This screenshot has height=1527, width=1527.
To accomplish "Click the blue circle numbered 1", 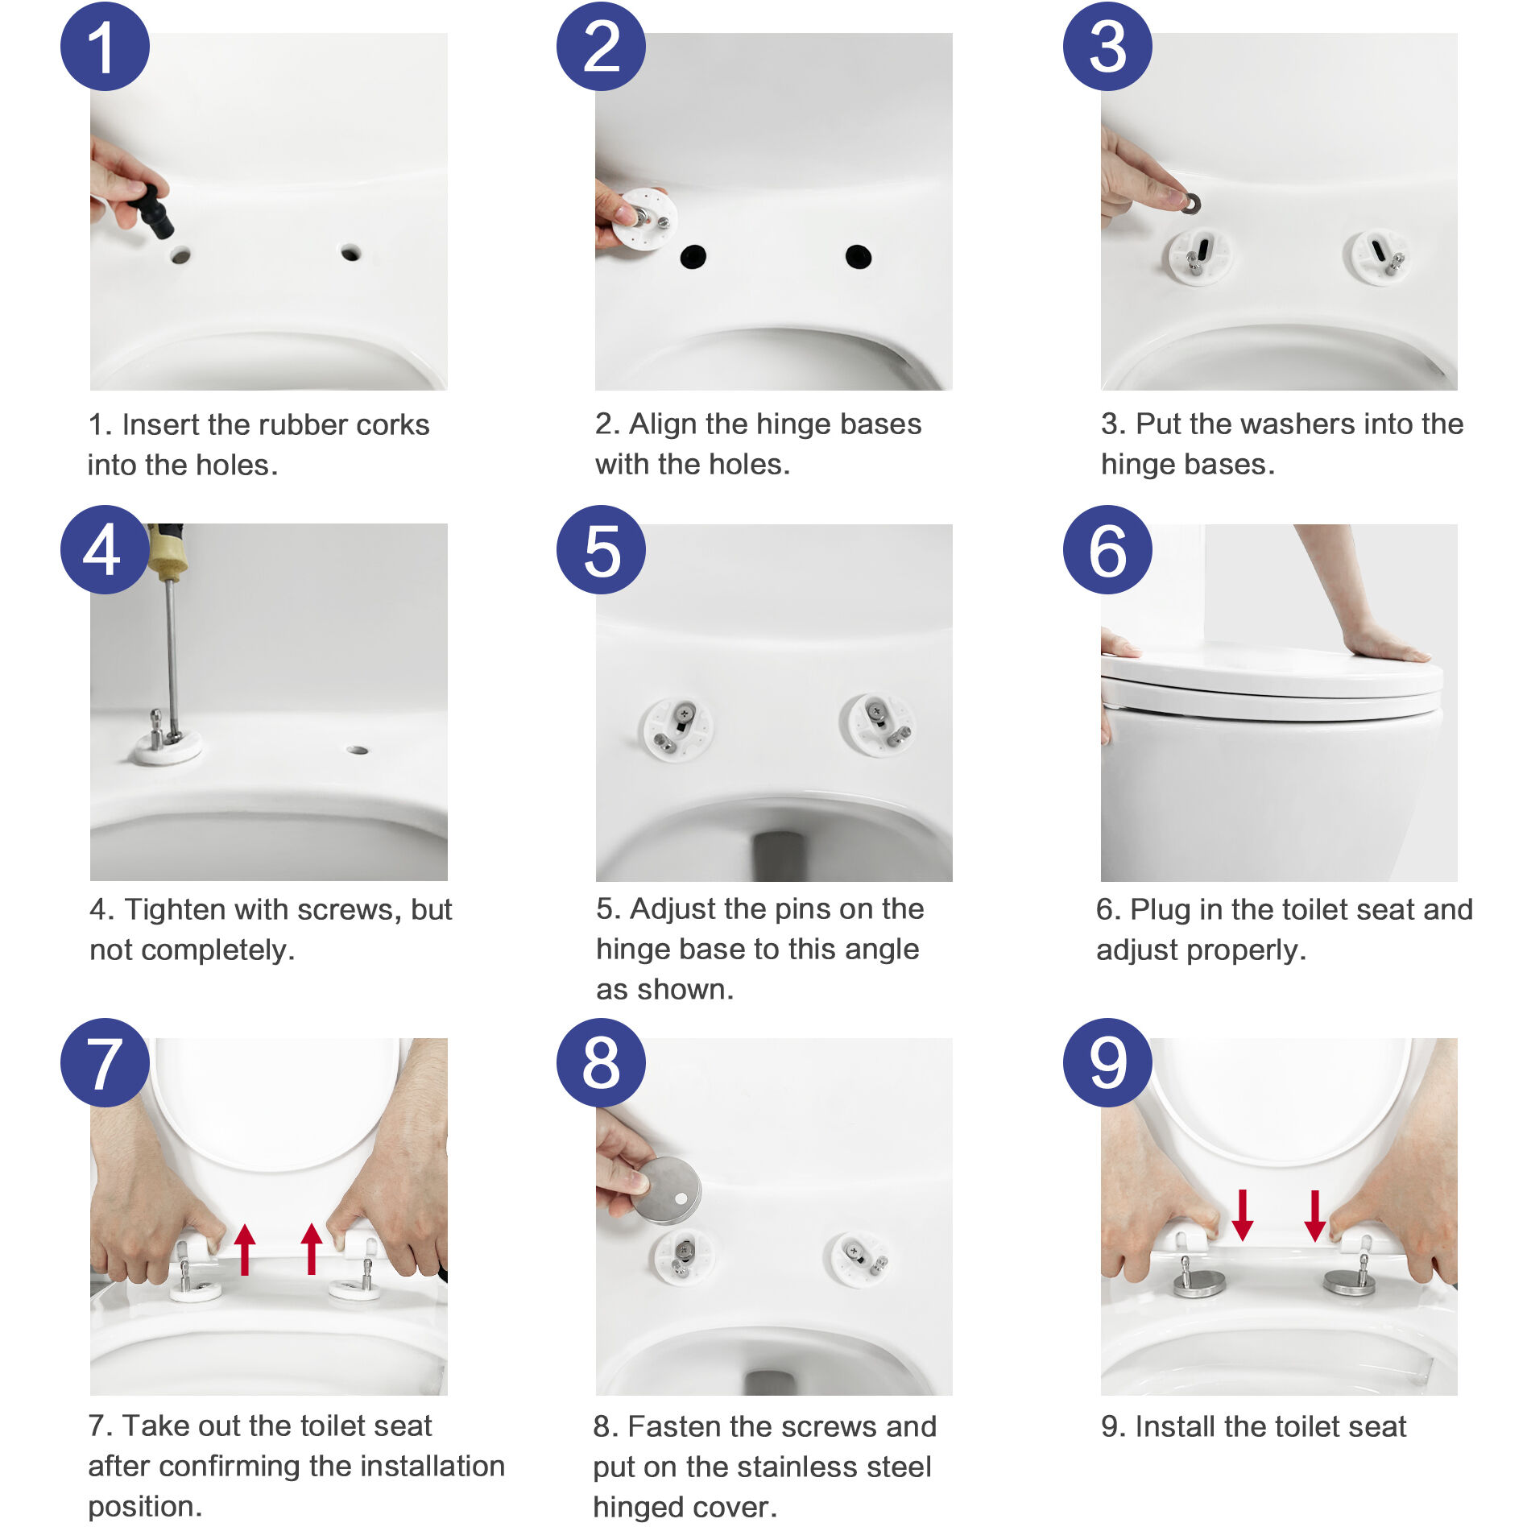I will coord(105,47).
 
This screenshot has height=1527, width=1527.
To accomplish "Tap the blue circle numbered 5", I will coord(601,550).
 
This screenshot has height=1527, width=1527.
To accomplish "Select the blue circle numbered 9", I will coord(1107,1062).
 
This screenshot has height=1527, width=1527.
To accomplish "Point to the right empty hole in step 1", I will coord(350,253).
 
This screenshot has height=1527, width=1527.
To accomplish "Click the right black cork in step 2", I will coord(859,257).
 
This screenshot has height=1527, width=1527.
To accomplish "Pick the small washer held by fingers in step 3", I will coord(1190,204).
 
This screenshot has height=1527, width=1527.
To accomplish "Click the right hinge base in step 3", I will coord(1378,258).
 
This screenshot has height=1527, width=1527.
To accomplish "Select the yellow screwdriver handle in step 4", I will coord(167,552).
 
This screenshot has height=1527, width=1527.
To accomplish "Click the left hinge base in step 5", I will coord(677,729).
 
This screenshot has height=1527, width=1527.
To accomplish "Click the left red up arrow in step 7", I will coord(245,1248).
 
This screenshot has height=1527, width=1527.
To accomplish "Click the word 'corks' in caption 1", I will coord(392,424).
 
